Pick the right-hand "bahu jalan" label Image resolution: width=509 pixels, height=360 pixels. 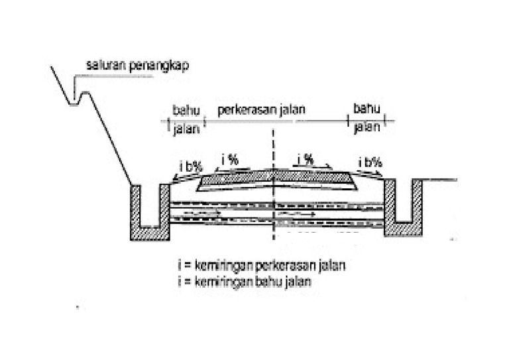[x=366, y=117]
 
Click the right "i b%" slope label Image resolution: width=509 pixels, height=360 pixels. [x=370, y=162]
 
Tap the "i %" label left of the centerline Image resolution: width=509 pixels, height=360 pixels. [x=229, y=160]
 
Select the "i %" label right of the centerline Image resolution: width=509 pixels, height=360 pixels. [x=306, y=159]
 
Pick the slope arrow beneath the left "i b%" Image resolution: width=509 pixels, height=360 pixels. [x=182, y=175]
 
